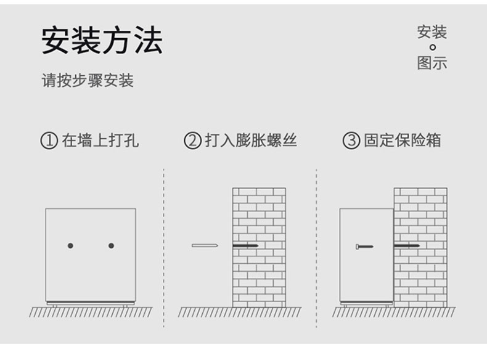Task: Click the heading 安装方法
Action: pos(102,41)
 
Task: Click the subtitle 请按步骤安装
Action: pos(88,80)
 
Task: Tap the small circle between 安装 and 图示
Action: pos(432,47)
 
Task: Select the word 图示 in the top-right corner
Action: pos(432,63)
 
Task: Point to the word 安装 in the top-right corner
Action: pos(432,32)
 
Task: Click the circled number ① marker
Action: pos(49,141)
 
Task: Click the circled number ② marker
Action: pos(192,141)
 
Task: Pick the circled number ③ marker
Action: pos(351,141)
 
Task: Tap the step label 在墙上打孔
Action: pos(100,141)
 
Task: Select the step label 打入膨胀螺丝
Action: pos(251,141)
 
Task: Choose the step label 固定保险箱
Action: pos(402,141)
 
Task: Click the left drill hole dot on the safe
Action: pos(70,246)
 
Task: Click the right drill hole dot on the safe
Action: pos(111,246)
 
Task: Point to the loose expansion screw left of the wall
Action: pos(205,246)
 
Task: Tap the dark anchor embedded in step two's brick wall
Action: pos(245,246)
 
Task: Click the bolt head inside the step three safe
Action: pos(358,247)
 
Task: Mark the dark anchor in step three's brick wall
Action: pos(407,246)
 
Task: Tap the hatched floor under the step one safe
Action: pos(90,312)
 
